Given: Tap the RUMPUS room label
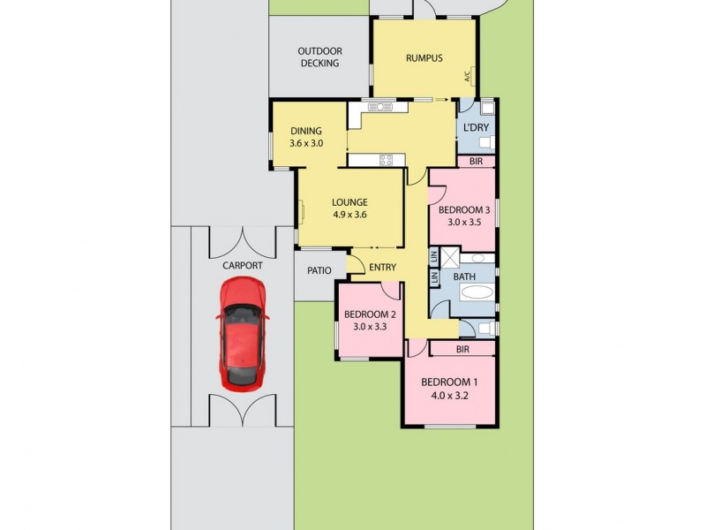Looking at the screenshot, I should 423,58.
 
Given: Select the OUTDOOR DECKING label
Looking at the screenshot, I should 319,57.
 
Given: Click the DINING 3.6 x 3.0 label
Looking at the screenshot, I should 305,137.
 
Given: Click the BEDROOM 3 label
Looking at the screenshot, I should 463,216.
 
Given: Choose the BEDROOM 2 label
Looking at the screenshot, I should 369,320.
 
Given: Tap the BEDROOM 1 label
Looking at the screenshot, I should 448,388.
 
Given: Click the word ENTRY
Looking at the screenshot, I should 382,268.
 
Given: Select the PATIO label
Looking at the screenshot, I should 319,271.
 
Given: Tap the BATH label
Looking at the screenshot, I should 464,276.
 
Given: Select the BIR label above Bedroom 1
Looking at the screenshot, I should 462,350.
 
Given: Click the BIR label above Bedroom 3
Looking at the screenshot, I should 476,162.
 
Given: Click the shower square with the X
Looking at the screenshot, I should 450,259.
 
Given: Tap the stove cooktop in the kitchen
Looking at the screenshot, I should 387,160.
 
